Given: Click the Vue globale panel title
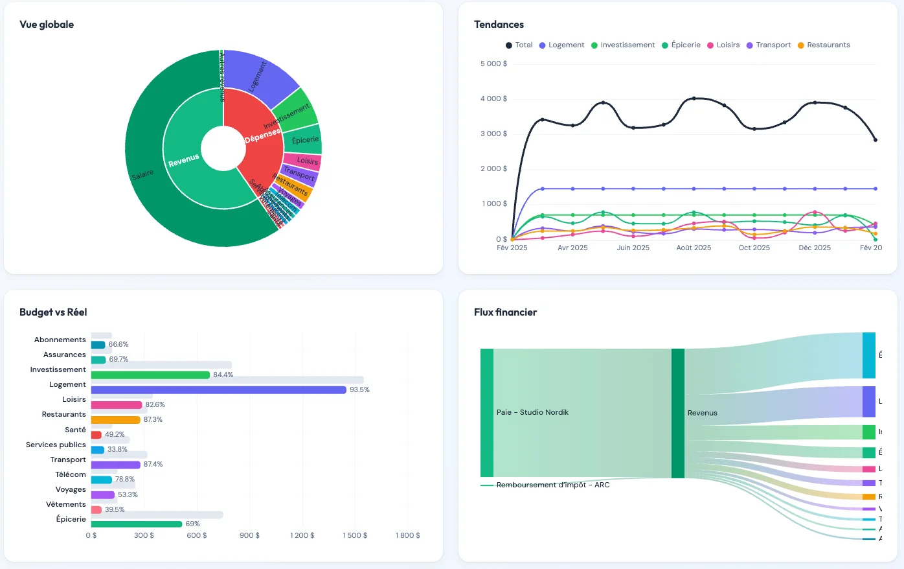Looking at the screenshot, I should [47, 25].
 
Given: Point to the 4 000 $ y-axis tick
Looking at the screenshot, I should [493, 99].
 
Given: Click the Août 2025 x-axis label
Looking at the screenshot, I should [694, 248].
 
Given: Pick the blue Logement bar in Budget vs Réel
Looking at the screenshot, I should [218, 389].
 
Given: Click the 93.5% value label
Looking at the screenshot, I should [359, 389].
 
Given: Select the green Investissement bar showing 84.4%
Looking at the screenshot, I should [150, 375].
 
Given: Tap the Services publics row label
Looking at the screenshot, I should [56, 445].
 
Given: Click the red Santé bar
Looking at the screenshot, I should [96, 434].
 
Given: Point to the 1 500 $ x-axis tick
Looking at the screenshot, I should [355, 535].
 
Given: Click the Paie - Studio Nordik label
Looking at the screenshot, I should [532, 412].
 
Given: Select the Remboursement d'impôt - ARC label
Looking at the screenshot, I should [552, 485].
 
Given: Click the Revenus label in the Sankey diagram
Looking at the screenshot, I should [702, 413].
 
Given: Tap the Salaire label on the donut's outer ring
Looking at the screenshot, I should [142, 174].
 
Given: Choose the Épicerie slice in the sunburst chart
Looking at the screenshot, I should [305, 140].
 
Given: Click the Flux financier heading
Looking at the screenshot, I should [505, 312].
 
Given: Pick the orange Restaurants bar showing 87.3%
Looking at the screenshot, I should [115, 419].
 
